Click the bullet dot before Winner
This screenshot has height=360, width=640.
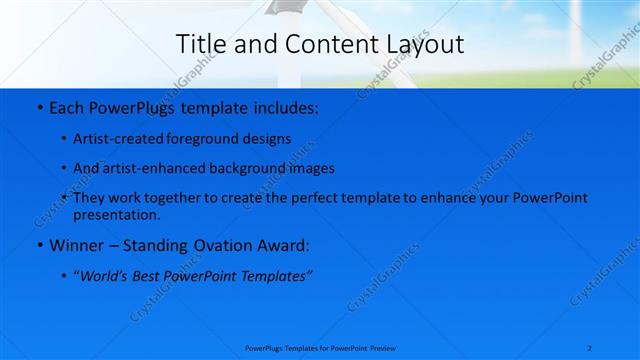pos(38,245)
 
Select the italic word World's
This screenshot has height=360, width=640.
pos(104,275)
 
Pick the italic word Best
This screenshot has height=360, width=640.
pos(151,275)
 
